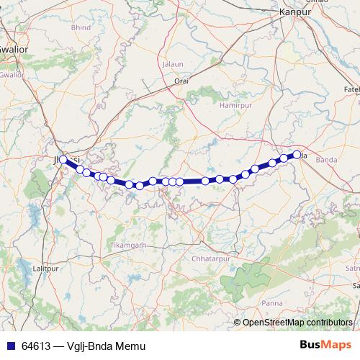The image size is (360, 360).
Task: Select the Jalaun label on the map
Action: coord(174,64)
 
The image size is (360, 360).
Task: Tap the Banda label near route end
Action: coord(326,159)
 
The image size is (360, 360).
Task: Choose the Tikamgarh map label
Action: coord(127,245)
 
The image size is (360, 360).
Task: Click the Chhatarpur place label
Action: coord(210,258)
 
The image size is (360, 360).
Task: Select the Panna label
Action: coord(272,303)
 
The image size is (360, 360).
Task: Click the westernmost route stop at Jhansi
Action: coord(63,159)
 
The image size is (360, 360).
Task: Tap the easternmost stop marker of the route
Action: coord(297,154)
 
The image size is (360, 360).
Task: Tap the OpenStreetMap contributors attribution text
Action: coord(297,322)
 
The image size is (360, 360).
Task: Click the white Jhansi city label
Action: coord(69,158)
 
